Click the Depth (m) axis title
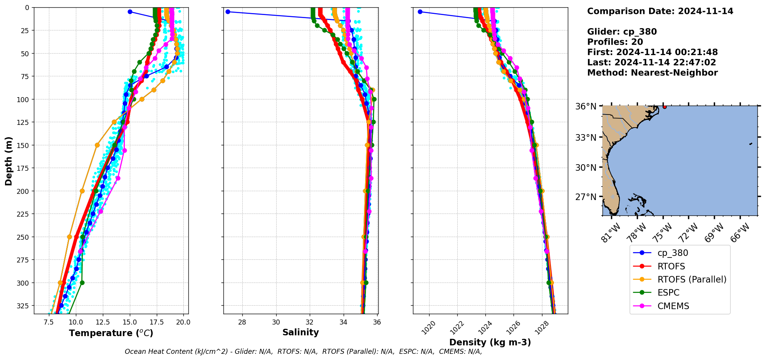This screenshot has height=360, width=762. (x=8, y=161)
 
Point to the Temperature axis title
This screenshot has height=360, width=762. (x=111, y=333)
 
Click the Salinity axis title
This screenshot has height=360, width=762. (x=300, y=332)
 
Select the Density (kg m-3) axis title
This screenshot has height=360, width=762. (x=490, y=342)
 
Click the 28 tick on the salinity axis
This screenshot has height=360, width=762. (x=242, y=322)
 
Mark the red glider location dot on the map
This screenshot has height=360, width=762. (x=665, y=107)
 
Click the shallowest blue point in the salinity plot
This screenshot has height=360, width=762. (x=228, y=12)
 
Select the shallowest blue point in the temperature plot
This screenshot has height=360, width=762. (x=130, y=12)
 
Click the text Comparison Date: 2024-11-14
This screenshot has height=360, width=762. (x=660, y=11)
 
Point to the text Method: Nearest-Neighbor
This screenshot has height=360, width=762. (x=652, y=73)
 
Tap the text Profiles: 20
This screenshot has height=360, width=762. (x=615, y=42)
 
